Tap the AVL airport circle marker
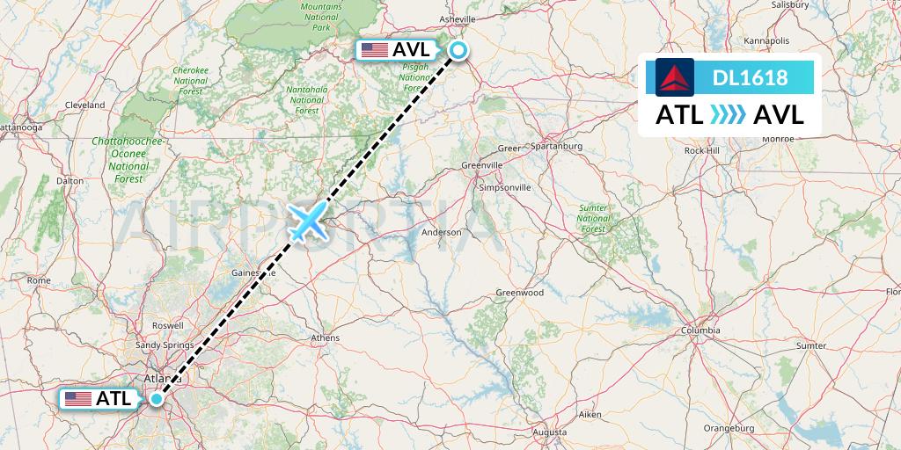coord(458,50)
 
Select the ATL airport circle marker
coord(157,398)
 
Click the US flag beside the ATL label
coord(78,399)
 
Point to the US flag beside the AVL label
coord(374,50)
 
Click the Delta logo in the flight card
coord(675,77)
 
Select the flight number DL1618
coord(750,77)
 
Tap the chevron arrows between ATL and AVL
coord(727,115)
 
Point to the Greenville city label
coord(482,164)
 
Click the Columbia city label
coord(701,330)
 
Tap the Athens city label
coord(326,337)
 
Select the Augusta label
coord(550,432)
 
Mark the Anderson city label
coord(442,233)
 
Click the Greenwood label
coord(519,293)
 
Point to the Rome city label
coord(39,280)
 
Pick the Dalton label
coord(70,180)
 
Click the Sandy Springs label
coord(165,345)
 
